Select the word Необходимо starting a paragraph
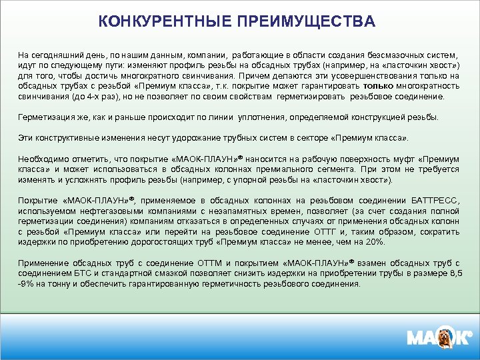point(41,159)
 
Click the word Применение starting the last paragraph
point(42,263)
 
